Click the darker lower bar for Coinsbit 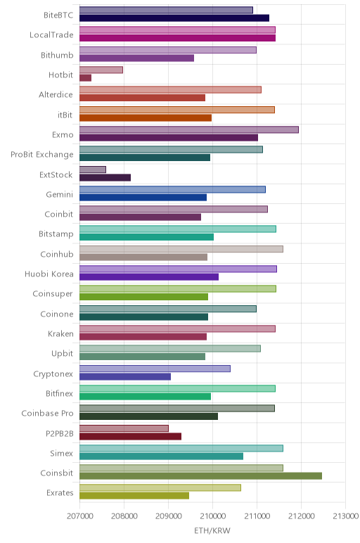pyautogui.click(x=201, y=475)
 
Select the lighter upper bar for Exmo pyautogui.click(x=189, y=129)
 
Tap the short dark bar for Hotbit pyautogui.click(x=86, y=78)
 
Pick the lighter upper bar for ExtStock pyautogui.click(x=93, y=170)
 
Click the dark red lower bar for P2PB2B pyautogui.click(x=131, y=436)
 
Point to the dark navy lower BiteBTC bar pyautogui.click(x=174, y=18)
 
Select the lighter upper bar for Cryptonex pyautogui.click(x=155, y=369)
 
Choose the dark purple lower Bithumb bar pyautogui.click(x=136, y=58)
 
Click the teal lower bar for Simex pyautogui.click(x=161, y=456)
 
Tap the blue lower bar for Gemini pyautogui.click(x=143, y=198)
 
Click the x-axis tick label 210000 pyautogui.click(x=212, y=516)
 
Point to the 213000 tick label pyautogui.click(x=345, y=516)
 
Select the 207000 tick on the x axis pyautogui.click(x=79, y=516)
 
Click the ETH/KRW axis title pyautogui.click(x=212, y=530)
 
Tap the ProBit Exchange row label pyautogui.click(x=42, y=155)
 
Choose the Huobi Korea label pyautogui.click(x=49, y=274)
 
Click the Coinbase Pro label pyautogui.click(x=47, y=413)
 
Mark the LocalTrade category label pyautogui.click(x=51, y=34)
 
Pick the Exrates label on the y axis pyautogui.click(x=60, y=492)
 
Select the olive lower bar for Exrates pyautogui.click(x=134, y=496)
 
